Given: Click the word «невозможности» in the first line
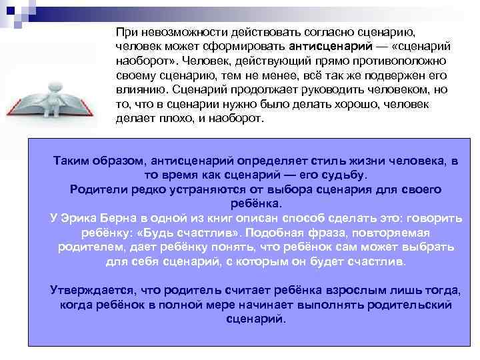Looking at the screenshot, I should tap(171, 33).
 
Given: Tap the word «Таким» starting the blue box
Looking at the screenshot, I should tap(76, 161).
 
